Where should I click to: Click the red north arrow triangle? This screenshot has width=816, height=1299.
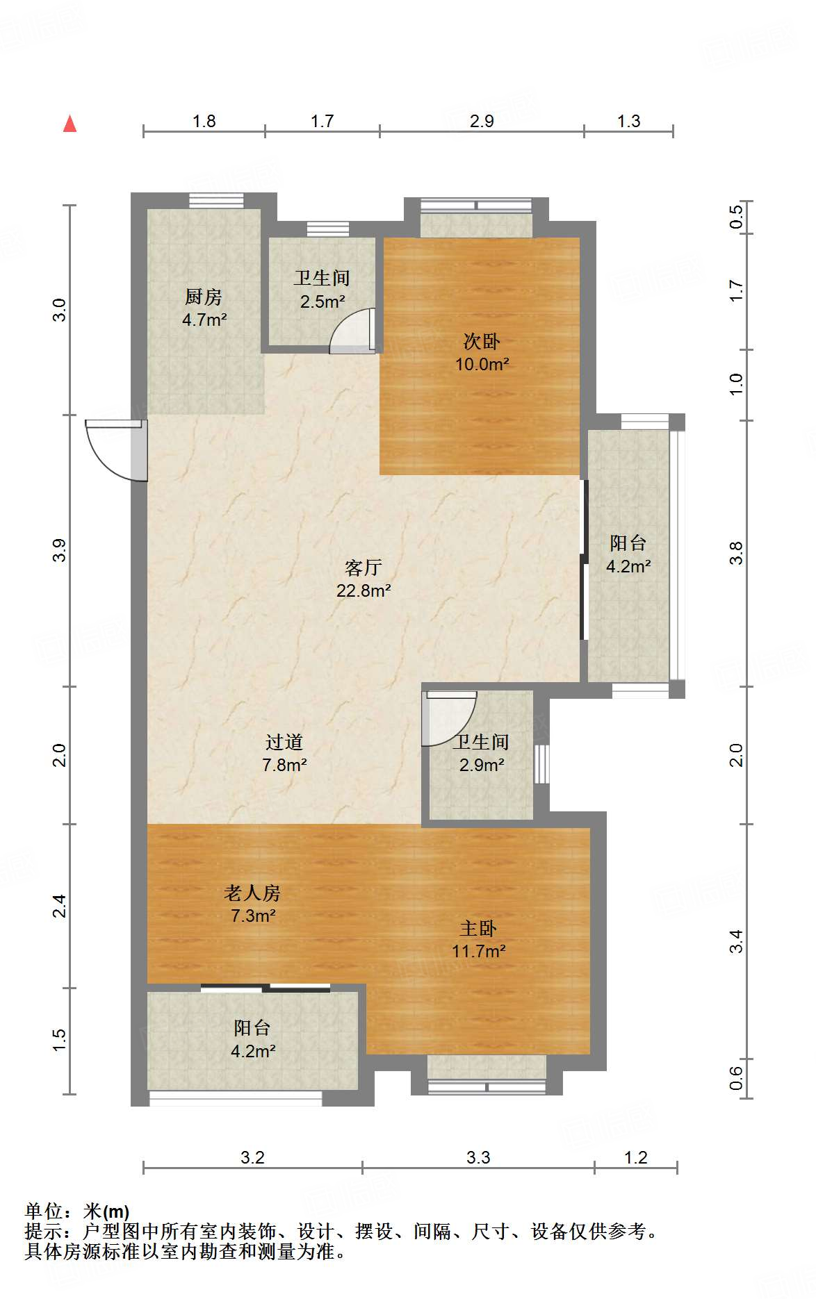tap(70, 124)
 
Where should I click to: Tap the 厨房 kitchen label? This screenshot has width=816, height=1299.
tap(204, 297)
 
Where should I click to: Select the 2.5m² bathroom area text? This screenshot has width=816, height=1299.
tap(323, 301)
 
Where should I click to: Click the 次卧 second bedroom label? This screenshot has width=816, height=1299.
tap(482, 342)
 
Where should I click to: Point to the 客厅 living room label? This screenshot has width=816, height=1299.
tap(364, 568)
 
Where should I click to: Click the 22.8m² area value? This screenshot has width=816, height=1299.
tap(364, 590)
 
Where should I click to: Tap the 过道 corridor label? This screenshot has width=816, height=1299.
tap(284, 742)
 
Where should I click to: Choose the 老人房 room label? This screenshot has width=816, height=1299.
tap(252, 893)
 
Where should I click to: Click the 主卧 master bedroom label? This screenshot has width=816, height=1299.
tap(478, 928)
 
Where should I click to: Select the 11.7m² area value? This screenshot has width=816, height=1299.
tap(479, 951)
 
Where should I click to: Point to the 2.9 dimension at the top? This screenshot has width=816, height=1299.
tap(482, 121)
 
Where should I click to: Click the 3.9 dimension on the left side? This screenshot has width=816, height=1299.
tap(60, 550)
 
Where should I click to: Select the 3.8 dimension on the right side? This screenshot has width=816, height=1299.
tap(737, 553)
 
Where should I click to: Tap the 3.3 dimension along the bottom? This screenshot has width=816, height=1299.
tap(478, 1157)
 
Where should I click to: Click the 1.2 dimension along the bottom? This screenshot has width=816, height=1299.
tap(636, 1157)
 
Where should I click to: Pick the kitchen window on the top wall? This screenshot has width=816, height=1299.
tap(216, 201)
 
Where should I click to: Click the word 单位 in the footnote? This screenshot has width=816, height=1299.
tap(43, 1211)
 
